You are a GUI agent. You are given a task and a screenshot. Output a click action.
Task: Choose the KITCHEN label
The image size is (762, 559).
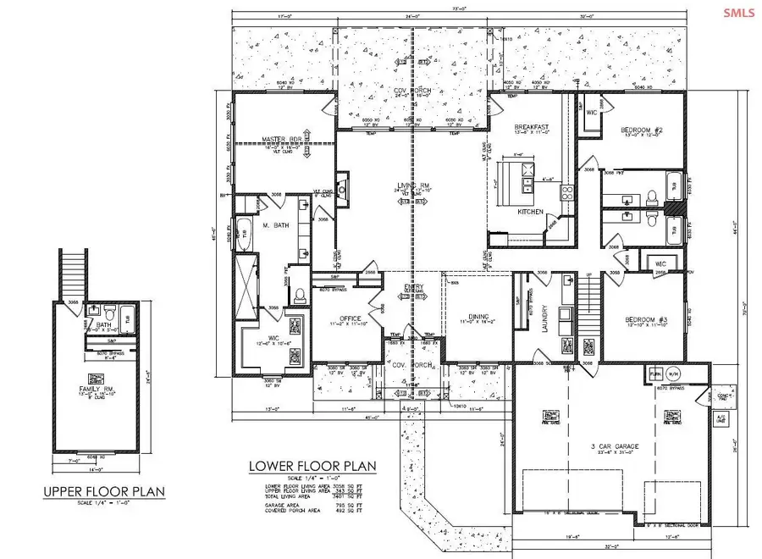tap(529, 212)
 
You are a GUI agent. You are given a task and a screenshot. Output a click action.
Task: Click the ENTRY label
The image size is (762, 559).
tap(413, 287)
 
